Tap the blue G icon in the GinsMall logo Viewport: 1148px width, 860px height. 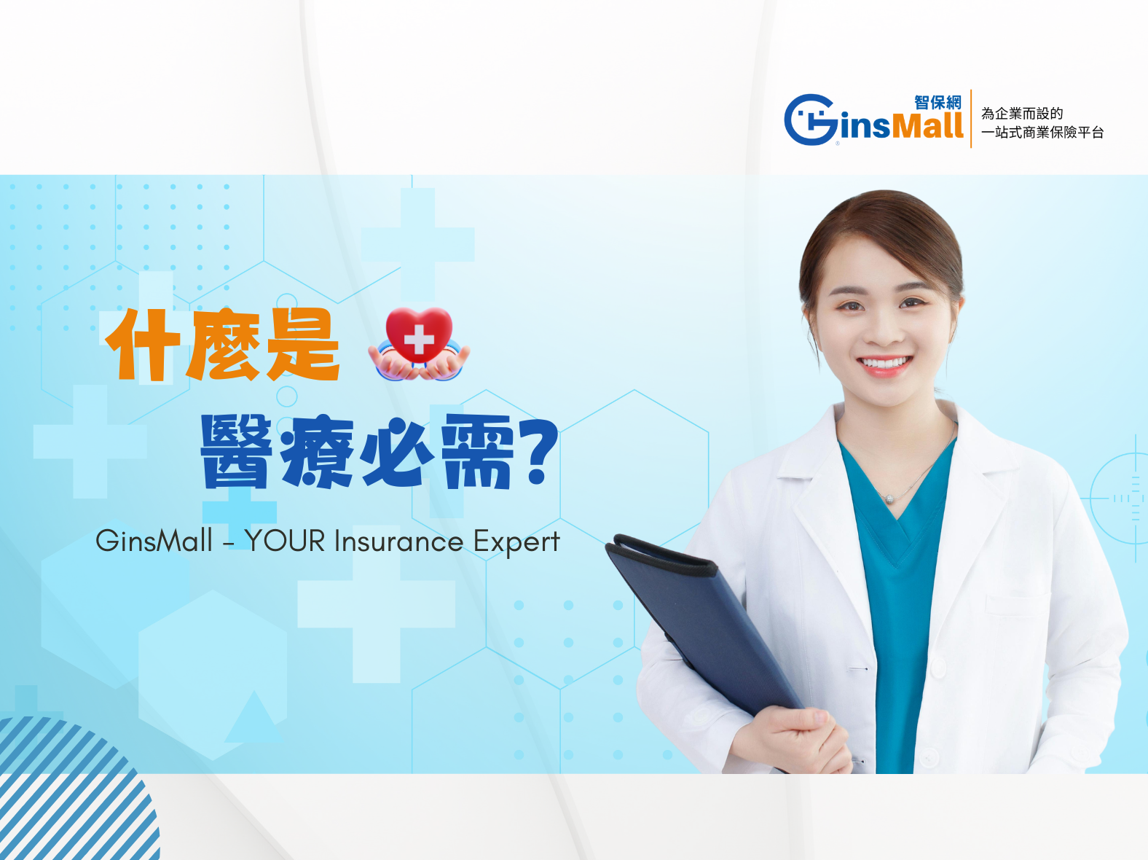(810, 120)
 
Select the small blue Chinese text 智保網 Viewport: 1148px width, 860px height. (937, 103)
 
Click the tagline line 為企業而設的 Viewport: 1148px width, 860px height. (1022, 114)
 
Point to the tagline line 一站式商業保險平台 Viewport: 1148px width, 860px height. (1042, 133)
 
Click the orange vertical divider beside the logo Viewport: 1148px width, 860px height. (971, 119)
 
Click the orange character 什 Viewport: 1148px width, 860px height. (143, 345)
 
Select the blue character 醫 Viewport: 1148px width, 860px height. (237, 451)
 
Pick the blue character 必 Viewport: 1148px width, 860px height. (398, 452)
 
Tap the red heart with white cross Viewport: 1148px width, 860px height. (419, 335)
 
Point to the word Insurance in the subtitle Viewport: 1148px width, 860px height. (398, 540)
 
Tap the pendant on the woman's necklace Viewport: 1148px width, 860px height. (889, 499)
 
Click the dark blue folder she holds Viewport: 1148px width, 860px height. (701, 622)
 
